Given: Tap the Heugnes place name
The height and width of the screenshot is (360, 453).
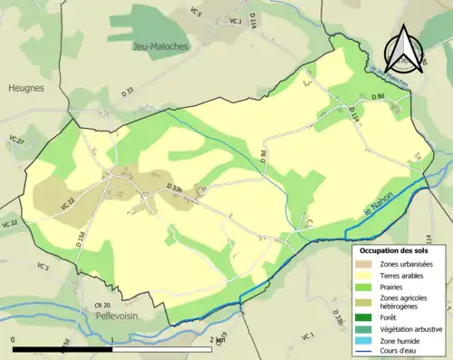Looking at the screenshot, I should [x=26, y=88].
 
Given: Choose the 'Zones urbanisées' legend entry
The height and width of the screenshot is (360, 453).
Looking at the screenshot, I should [x=407, y=264].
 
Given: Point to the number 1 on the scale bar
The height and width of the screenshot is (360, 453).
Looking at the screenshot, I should [x=111, y=339].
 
